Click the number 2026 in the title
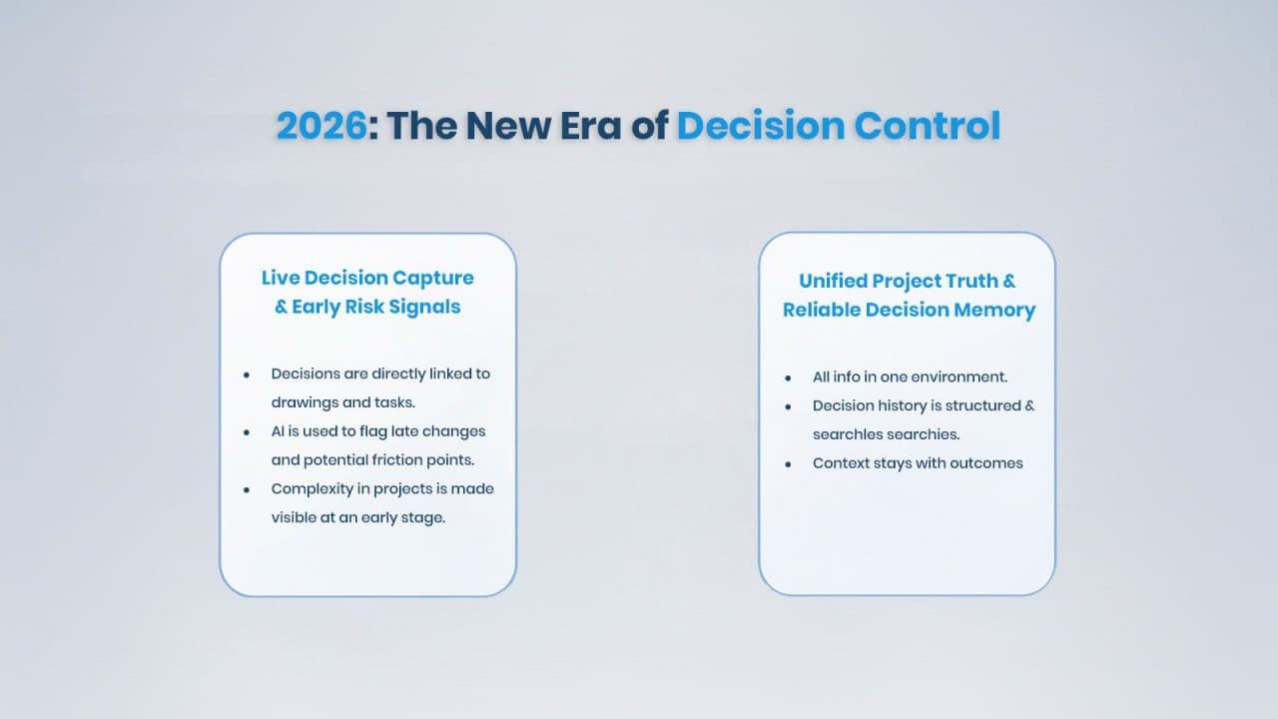(321, 126)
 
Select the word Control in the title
(928, 126)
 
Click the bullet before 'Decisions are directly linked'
(247, 374)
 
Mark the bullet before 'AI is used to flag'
(247, 432)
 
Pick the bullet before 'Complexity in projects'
(247, 490)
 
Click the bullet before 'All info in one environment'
(788, 377)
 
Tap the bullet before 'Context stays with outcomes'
(788, 464)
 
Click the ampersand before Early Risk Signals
(281, 307)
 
